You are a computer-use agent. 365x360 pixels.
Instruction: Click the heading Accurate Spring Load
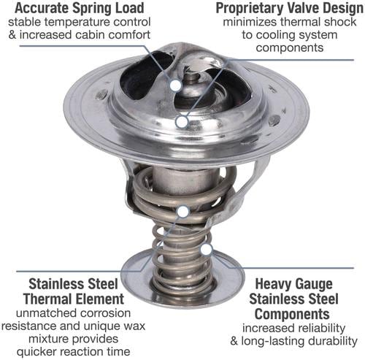pos(80,8)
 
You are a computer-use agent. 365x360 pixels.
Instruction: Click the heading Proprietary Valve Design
pos(290,8)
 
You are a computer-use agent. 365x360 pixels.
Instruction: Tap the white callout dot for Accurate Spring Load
pos(176,85)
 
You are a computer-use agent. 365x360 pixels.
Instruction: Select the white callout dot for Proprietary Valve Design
pos(182,122)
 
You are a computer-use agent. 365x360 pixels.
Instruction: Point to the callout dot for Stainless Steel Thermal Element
pos(183,212)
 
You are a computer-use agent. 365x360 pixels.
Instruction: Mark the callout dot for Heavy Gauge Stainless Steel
pos(206,250)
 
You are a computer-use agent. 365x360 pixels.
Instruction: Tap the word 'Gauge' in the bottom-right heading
pos(312,284)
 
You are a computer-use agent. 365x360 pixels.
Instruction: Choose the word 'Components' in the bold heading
pos(292,314)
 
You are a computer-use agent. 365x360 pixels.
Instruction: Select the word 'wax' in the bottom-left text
pos(134,326)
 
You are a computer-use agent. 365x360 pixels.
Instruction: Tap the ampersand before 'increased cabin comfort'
pos(12,34)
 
